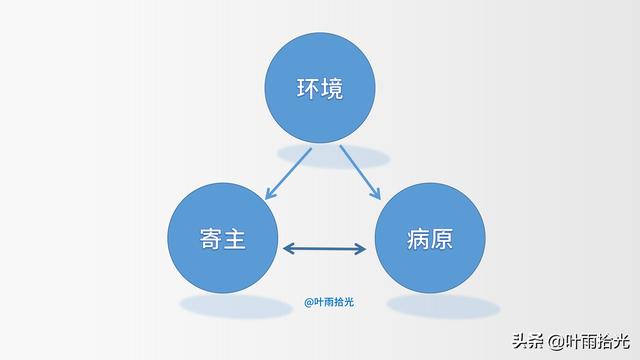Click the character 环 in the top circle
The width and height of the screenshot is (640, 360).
[x=308, y=88]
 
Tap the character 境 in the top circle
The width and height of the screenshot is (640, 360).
[x=331, y=88]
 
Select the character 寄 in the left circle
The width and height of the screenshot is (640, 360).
[x=211, y=239]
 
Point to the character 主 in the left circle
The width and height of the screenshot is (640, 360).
[x=234, y=239]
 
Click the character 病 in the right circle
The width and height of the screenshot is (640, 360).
[x=418, y=239]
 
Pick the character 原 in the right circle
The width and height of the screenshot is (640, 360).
[x=442, y=239]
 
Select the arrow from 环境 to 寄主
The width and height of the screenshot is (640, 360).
[x=288, y=173]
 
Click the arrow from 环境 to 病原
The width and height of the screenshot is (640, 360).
[x=360, y=173]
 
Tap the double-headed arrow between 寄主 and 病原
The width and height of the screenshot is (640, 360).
[x=324, y=249]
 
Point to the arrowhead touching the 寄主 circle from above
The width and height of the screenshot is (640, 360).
[x=269, y=194]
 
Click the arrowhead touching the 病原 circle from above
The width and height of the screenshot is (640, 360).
[x=376, y=194]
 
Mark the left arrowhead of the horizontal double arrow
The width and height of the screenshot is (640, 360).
[x=288, y=249]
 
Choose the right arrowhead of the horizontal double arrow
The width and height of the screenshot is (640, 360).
[x=360, y=249]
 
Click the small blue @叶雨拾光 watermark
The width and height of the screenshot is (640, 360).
[x=329, y=302]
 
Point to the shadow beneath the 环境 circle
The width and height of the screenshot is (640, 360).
[x=333, y=156]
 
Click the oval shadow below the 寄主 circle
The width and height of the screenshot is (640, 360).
[x=236, y=306]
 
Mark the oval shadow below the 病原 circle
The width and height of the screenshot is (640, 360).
[x=444, y=307]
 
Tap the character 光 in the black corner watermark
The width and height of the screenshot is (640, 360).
[x=622, y=341]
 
